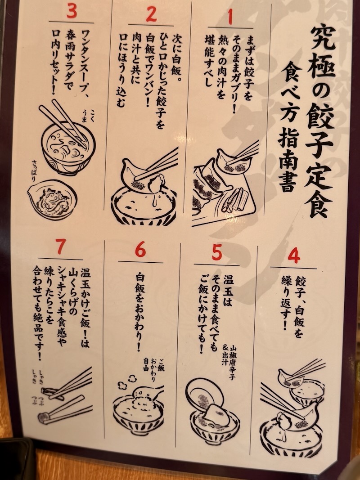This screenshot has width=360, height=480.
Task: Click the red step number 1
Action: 230,17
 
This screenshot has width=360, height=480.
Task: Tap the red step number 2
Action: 151,14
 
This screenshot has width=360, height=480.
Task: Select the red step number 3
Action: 72,11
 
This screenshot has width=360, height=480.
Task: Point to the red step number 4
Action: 293,256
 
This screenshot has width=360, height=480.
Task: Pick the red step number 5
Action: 217,252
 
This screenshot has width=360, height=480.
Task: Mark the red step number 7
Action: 60,247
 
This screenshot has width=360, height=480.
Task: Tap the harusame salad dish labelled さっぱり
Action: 52,199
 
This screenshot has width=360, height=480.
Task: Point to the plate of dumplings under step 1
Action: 224,187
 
